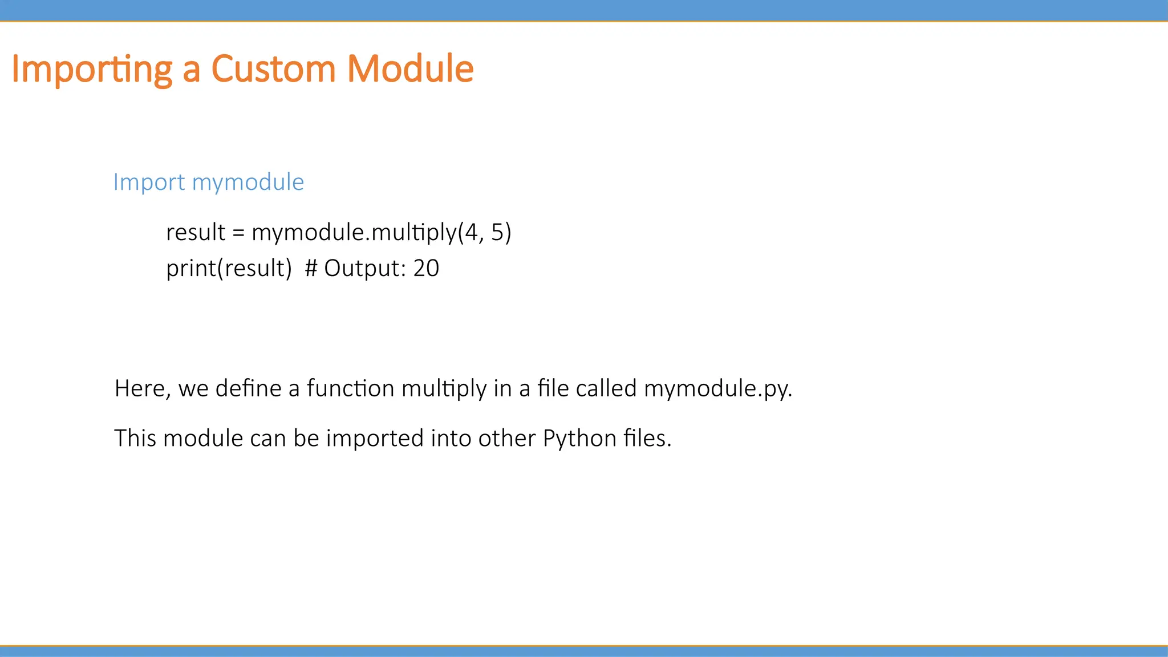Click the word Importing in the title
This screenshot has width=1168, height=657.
[x=91, y=70]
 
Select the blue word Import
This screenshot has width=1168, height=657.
[x=149, y=182]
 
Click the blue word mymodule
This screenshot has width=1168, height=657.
[x=248, y=182]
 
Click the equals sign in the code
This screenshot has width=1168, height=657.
[x=238, y=233]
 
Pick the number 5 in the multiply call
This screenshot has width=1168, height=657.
[x=497, y=232]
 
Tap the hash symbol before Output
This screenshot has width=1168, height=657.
[x=311, y=268]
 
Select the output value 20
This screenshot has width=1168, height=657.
[x=426, y=268]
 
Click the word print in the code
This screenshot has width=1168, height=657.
[x=191, y=268]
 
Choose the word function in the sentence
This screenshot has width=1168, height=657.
[x=350, y=388]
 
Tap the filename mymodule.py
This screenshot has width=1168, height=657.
[x=717, y=390]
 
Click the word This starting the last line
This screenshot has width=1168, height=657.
[x=135, y=438]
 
